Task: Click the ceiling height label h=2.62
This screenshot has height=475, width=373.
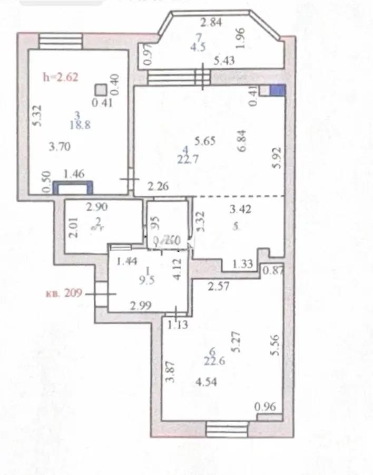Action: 61,78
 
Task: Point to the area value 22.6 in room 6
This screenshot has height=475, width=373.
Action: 215,361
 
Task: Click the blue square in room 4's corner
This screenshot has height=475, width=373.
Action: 277,91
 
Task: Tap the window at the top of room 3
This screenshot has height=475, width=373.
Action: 61,42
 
